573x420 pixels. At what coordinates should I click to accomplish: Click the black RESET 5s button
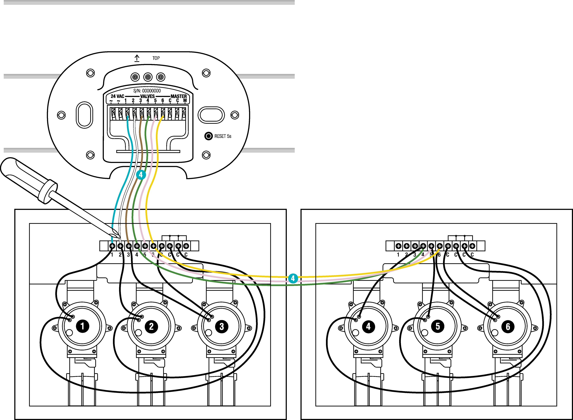pos(208,136)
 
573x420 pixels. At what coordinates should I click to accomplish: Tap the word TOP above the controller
pos(156,58)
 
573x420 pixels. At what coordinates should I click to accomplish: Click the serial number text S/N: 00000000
pos(147,91)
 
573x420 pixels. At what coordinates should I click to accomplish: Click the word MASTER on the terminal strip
pos(179,96)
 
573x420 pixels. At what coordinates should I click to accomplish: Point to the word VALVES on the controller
pos(147,96)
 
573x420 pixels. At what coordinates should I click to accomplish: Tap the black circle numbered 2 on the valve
pos(151,326)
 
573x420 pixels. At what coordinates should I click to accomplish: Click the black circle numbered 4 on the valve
pos(368,326)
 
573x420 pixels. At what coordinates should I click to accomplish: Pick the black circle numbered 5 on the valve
pos(438,326)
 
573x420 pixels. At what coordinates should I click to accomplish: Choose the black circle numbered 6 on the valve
pos(508,326)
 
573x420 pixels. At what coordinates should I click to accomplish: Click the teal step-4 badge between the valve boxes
pos(293,278)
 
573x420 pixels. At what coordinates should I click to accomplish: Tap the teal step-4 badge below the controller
pos(141,175)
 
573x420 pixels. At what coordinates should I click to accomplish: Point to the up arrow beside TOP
pos(137,58)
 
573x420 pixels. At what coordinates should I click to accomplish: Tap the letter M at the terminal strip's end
pos(185,101)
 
